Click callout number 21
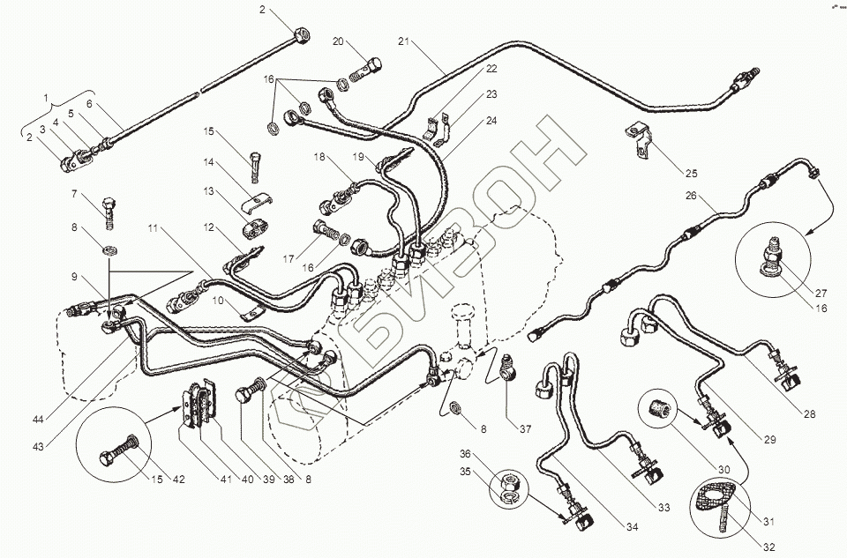(x=403, y=41)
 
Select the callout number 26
(x=691, y=196)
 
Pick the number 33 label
(x=663, y=507)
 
